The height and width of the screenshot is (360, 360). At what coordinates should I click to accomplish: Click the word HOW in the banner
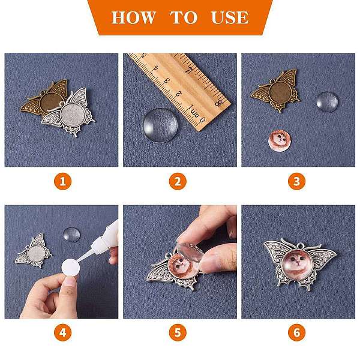[133, 17]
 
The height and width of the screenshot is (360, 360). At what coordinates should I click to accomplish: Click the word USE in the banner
[230, 17]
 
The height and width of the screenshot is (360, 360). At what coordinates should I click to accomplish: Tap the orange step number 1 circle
[62, 181]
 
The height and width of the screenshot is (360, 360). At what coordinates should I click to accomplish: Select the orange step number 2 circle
[178, 181]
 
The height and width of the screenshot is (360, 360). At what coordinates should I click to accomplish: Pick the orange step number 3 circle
[296, 181]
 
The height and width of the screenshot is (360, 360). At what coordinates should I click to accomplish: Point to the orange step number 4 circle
[62, 332]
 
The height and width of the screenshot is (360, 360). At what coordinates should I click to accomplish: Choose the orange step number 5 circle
[178, 332]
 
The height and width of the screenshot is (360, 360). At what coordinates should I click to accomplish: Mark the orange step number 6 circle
[296, 332]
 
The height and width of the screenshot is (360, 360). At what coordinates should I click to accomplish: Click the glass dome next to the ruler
[160, 125]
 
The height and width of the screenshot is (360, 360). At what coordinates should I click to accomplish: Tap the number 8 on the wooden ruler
[218, 103]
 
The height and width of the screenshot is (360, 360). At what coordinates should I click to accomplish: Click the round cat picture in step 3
[279, 140]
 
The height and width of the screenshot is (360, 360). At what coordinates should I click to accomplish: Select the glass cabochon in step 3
[327, 102]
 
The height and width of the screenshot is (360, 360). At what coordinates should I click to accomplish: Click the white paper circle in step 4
[71, 268]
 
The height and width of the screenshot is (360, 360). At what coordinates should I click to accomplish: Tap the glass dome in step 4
[71, 235]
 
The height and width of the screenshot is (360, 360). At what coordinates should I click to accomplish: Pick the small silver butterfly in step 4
[34, 251]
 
